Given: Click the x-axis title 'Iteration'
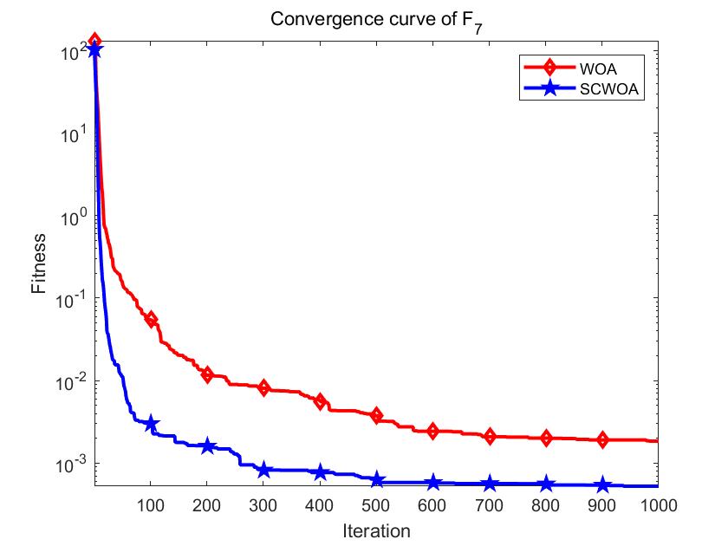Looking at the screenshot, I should coord(375,530).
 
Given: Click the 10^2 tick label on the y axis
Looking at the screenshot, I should coord(74,52).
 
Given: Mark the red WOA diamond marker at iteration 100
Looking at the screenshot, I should coord(151,320).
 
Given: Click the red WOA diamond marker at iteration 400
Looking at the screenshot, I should coord(321,401).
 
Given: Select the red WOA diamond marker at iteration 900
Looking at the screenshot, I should coord(602,439).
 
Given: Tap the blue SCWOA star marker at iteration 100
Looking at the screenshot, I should coord(151,424).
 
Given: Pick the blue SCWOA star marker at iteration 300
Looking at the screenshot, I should coord(264,470).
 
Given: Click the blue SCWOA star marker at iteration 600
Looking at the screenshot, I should coord(433,483).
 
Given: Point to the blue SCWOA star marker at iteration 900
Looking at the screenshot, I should coord(602,485).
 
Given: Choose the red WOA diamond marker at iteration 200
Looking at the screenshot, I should coord(207,374).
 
